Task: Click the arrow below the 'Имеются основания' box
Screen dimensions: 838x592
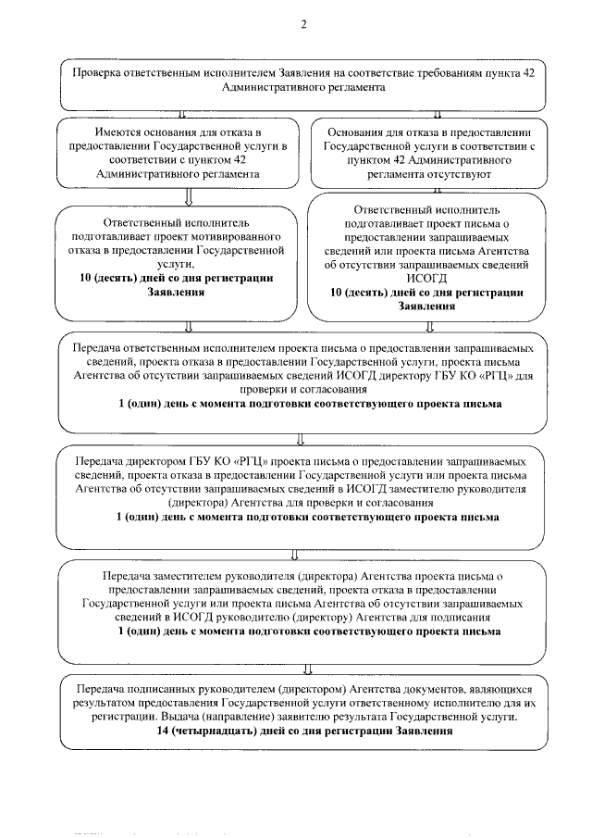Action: pos(189,195)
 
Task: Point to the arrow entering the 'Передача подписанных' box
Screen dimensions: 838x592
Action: pos(306,669)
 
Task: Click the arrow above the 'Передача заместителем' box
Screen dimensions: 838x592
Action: pos(294,555)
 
